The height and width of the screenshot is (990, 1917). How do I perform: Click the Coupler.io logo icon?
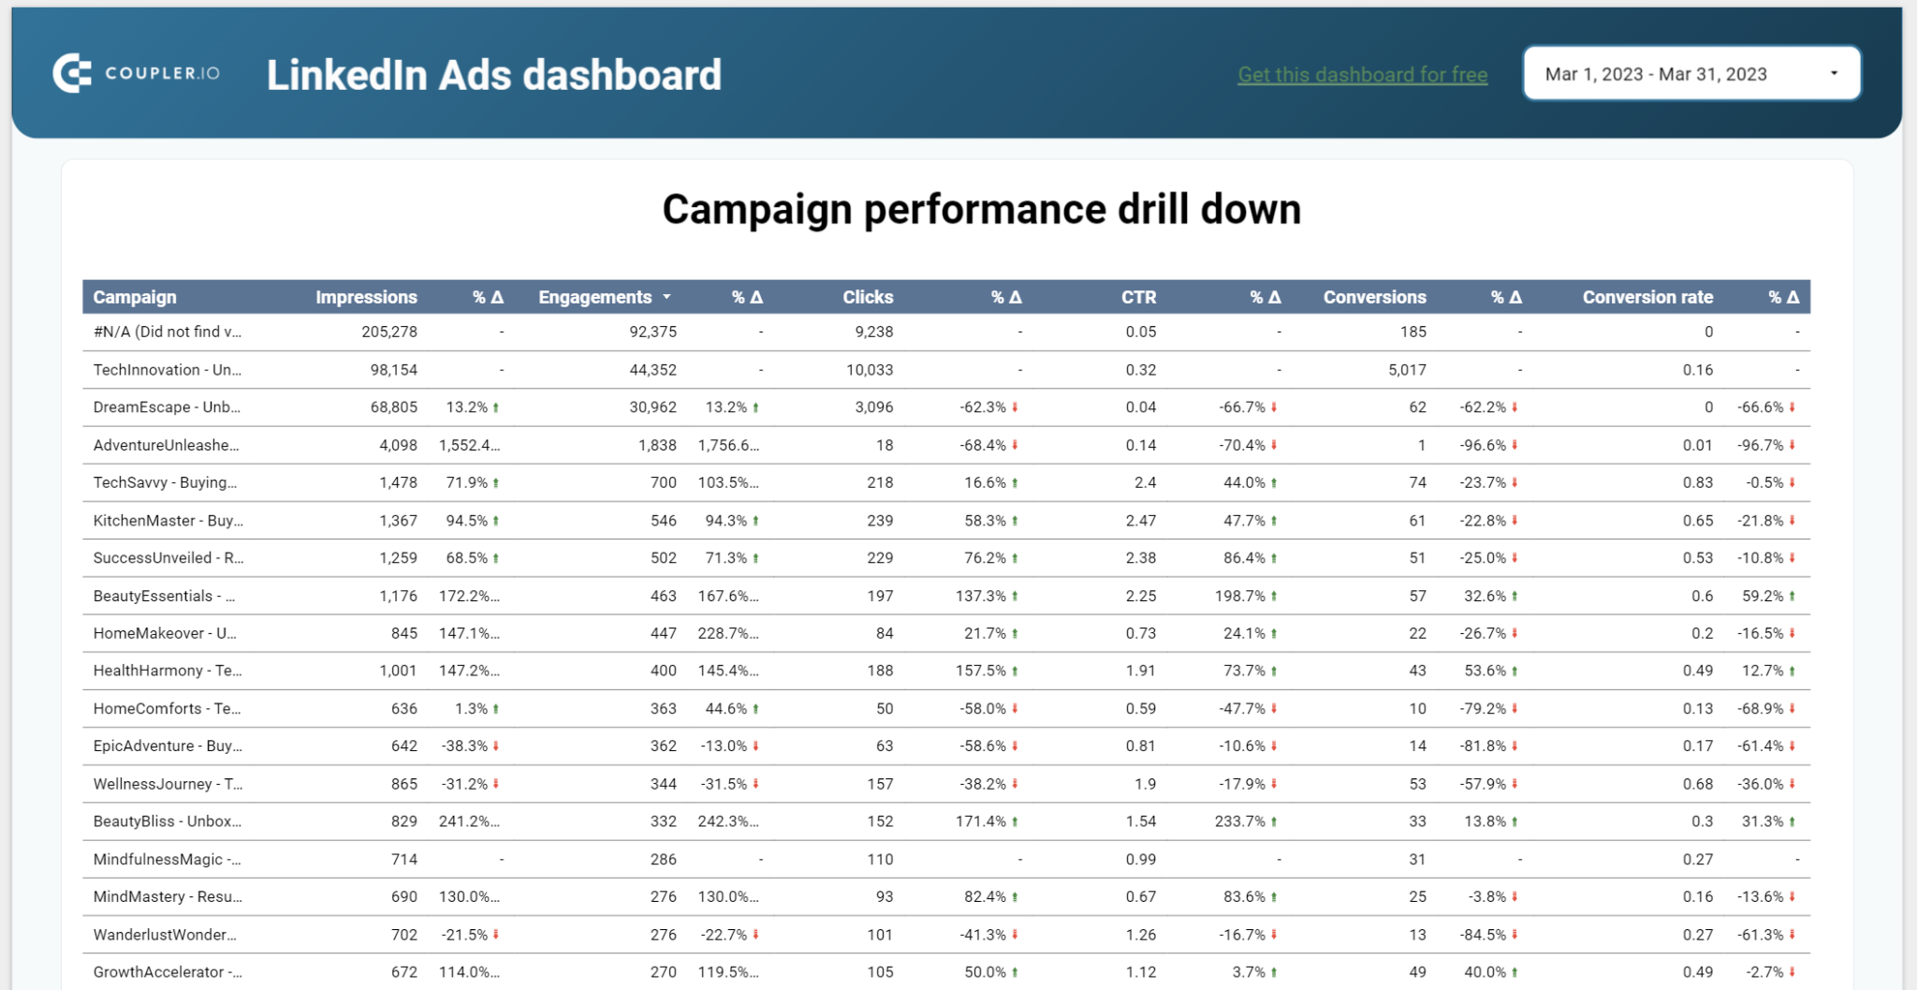point(72,73)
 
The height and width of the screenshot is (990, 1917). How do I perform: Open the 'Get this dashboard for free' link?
point(1362,75)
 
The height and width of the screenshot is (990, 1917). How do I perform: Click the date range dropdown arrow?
point(1834,73)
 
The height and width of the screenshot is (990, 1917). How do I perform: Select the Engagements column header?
point(595,297)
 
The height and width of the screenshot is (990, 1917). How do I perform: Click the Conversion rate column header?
point(1646,297)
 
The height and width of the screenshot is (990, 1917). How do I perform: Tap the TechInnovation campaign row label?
point(167,370)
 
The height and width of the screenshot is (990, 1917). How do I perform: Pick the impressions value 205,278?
point(389,332)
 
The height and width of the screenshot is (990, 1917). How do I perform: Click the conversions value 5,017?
point(1407,370)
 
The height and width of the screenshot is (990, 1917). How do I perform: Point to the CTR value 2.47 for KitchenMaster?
point(1140,521)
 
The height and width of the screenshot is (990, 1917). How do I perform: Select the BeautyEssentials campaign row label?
point(164,596)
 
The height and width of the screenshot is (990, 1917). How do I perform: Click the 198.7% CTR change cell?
point(1240,596)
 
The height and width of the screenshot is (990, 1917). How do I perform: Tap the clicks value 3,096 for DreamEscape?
point(873,407)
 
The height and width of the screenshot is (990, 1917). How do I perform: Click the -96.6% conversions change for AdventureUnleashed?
point(1483,445)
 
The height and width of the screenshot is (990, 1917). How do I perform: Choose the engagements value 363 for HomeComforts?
point(663,709)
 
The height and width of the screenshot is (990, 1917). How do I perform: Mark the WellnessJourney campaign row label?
point(167,784)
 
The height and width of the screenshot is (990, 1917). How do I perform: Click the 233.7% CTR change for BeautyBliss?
point(1240,821)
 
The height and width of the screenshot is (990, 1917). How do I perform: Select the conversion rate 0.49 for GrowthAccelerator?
point(1697,972)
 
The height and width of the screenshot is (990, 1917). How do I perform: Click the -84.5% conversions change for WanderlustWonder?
point(1483,935)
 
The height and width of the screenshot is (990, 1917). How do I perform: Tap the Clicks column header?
point(867,297)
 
